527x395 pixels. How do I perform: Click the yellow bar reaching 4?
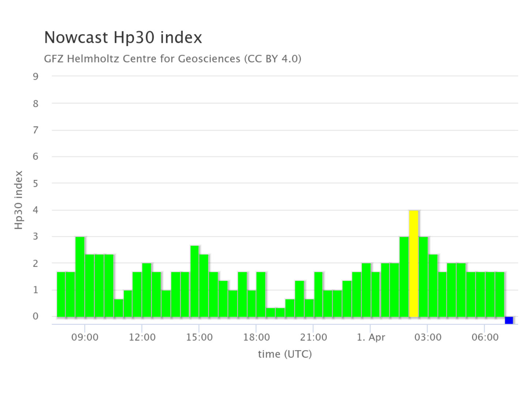point(414,263)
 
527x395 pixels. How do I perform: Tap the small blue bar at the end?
point(509,320)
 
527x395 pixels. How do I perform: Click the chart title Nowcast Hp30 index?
point(123,37)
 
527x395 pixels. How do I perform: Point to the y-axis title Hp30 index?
point(19,200)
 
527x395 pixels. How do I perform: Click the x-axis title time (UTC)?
point(285,354)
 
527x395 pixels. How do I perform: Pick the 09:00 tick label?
point(85,337)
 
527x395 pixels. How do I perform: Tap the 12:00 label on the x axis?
point(142,337)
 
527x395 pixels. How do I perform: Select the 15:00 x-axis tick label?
point(199,337)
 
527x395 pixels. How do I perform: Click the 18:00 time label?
point(256,337)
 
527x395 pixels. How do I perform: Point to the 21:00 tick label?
point(313,337)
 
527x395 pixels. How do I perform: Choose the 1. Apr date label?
point(371,337)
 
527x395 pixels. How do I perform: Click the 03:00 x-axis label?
point(427,337)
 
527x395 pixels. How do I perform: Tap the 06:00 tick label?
point(485,337)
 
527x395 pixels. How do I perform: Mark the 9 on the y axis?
point(35,76)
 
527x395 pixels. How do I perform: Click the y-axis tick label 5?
point(35,183)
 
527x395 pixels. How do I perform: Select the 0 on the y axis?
point(35,316)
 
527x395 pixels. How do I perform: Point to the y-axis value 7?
point(35,130)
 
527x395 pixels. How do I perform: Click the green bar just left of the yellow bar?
point(404,277)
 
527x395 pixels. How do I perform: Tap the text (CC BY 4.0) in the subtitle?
point(273,59)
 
